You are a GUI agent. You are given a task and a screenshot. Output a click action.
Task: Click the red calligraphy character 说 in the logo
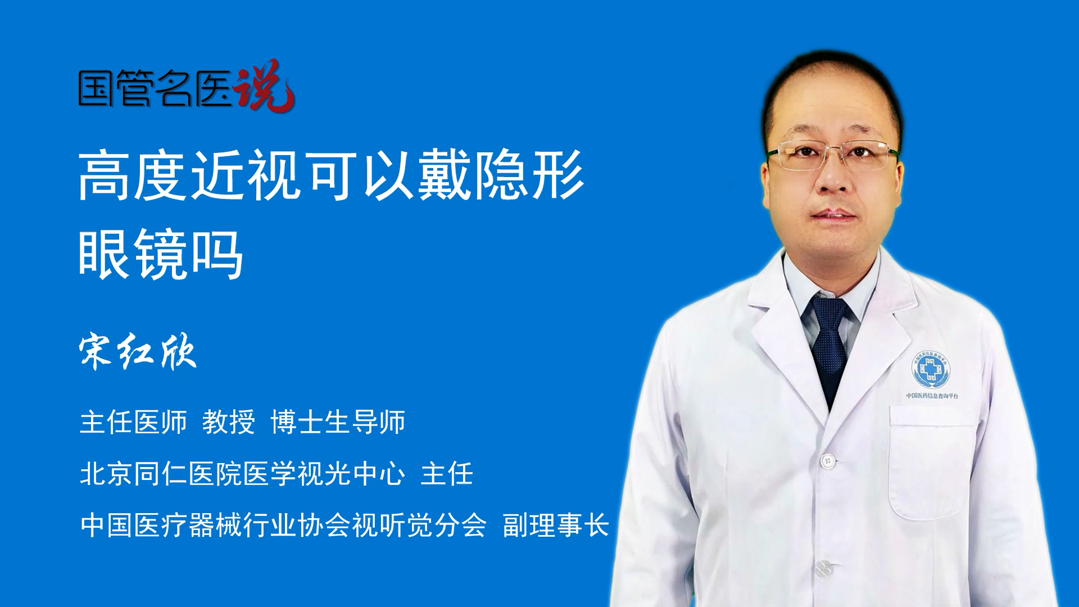pos(264,85)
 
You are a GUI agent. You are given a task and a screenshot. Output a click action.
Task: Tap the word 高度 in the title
pos(133,175)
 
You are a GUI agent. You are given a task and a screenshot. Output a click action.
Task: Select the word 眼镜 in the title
pos(133,255)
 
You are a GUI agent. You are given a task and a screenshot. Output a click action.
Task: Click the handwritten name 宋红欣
pos(138,352)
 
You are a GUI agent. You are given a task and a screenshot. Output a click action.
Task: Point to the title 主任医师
pos(133,422)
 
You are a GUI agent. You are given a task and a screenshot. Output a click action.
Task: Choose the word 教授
pos(229,422)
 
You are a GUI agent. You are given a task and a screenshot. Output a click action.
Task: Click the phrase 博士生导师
pos(338,422)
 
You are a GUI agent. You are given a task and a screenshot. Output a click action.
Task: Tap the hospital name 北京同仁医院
pos(161,474)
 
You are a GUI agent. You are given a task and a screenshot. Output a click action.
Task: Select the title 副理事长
pos(556,526)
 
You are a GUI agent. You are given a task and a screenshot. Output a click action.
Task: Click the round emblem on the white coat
pos(931,369)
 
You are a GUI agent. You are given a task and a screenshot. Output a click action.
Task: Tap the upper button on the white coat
pos(827,461)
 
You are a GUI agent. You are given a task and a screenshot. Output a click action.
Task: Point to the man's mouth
pos(834,215)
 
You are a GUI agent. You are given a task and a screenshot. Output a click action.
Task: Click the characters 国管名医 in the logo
pos(155,88)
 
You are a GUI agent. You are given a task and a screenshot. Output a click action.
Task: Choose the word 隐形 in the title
pos(529,175)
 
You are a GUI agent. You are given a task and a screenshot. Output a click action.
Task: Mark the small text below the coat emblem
pos(932,396)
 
